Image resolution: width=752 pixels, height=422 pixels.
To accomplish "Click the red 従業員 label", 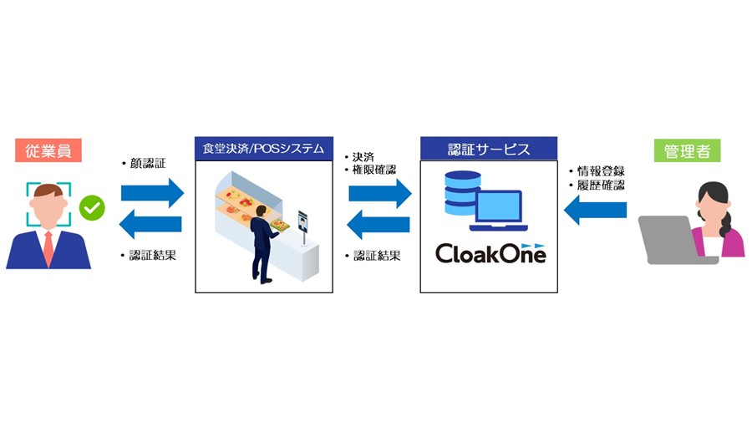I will [48, 151].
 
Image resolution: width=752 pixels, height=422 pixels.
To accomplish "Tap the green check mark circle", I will [91, 206].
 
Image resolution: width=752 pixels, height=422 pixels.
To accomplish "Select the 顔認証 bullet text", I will [146, 164].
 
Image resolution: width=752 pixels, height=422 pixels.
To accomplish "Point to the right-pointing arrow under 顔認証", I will [152, 193].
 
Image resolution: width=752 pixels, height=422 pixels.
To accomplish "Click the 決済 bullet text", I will [361, 157].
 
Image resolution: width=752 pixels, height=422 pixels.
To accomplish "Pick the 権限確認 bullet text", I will [373, 170].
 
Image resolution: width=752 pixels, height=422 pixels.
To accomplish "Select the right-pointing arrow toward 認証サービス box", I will [379, 193].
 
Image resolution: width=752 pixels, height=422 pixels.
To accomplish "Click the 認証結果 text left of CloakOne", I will [375, 255].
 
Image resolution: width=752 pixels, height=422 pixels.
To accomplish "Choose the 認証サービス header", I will [488, 149].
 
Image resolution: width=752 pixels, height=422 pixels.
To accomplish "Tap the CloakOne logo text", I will [490, 252].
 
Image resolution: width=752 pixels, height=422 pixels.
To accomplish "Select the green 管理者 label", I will [687, 151].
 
